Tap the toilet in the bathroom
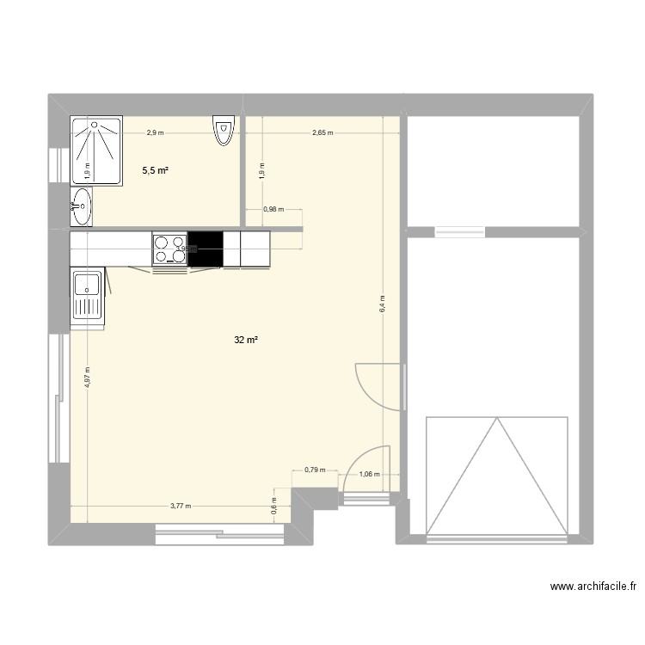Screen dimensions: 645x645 [224, 132]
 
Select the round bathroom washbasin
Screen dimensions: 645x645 [81, 206]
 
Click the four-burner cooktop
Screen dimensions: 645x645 [169, 249]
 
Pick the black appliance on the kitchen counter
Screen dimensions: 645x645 [205, 249]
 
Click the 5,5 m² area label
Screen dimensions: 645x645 [155, 171]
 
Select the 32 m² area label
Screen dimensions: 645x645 [246, 341]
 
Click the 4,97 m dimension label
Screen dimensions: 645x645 [88, 378]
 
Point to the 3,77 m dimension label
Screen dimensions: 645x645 [181, 506]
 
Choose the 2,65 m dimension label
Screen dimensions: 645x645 [322, 133]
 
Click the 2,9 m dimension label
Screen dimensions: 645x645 [155, 132]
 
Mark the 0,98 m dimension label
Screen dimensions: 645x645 [273, 209]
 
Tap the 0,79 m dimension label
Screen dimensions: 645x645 [315, 470]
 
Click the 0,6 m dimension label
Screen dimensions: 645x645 [273, 507]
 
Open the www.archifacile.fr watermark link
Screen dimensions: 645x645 [593, 587]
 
